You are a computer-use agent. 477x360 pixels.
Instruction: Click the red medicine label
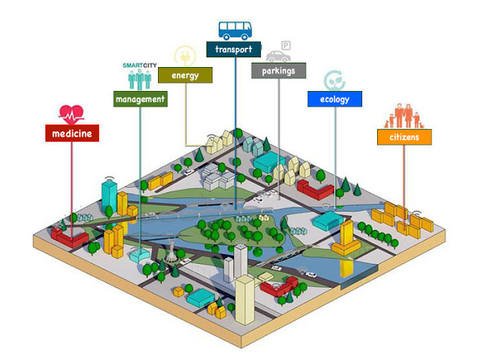click(72, 133)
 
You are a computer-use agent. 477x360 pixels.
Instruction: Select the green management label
click(139, 98)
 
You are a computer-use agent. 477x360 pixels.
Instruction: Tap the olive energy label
click(184, 75)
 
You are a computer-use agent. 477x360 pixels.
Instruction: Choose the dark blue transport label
click(234, 50)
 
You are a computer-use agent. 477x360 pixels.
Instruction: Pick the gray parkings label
click(279, 71)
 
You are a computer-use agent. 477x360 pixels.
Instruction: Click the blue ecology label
click(334, 98)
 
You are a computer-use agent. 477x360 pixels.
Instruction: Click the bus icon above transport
click(234, 29)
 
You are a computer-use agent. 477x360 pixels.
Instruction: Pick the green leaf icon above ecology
click(333, 80)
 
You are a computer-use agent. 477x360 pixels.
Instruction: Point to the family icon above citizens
click(404, 116)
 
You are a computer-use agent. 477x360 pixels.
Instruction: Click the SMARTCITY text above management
click(139, 65)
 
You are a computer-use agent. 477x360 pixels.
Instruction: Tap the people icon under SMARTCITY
click(139, 80)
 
